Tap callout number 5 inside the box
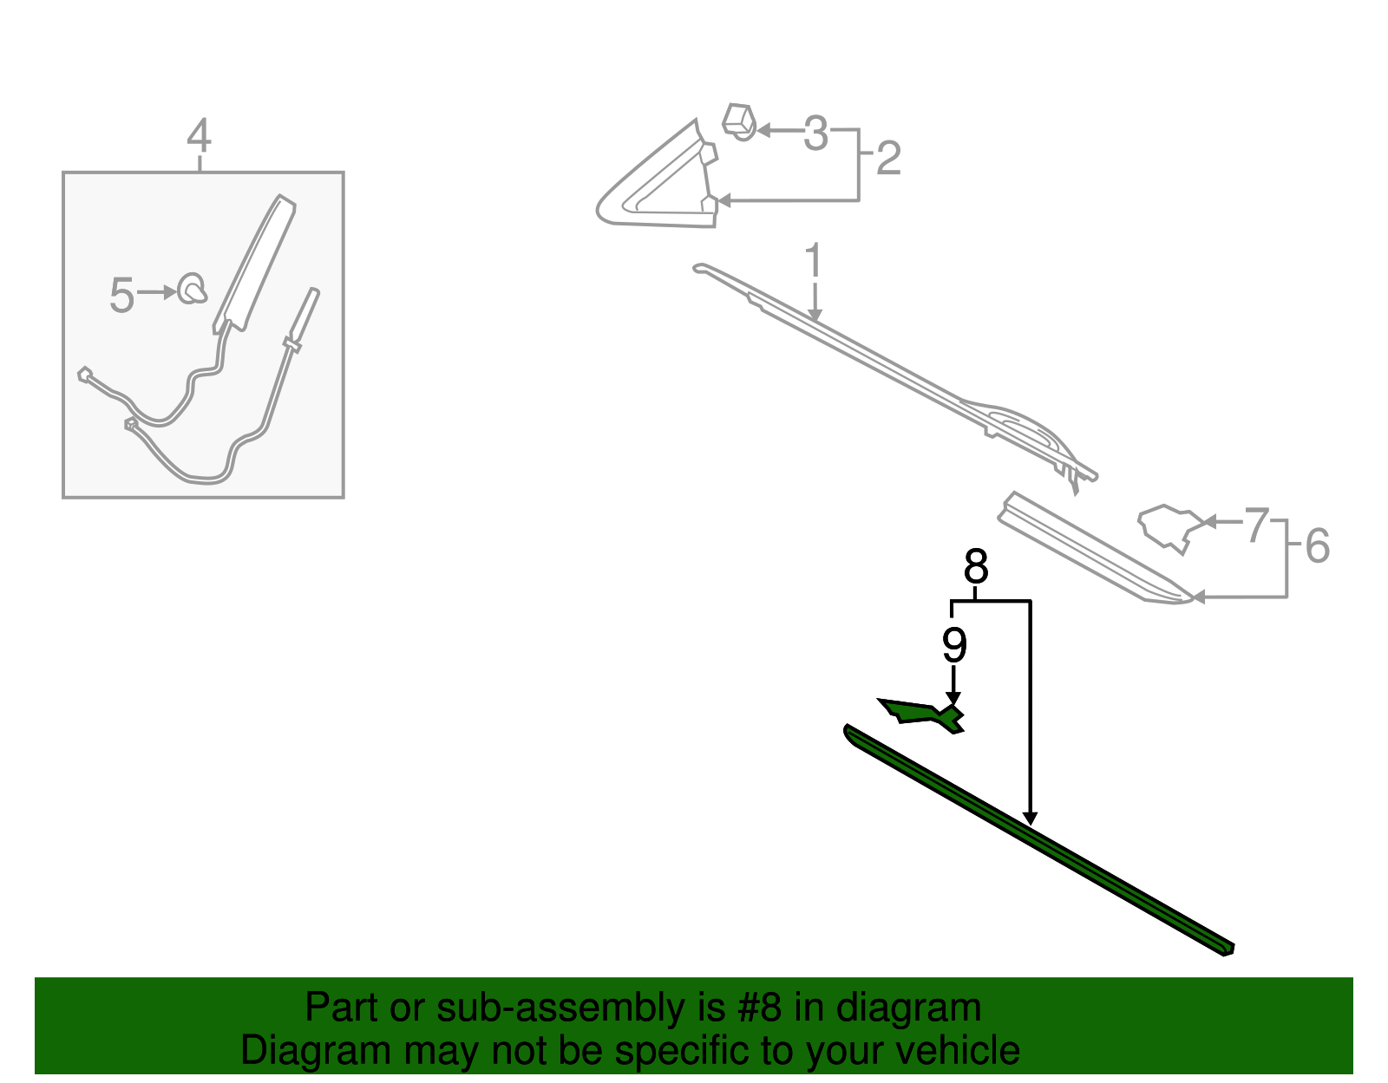(x=121, y=295)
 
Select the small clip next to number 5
(x=192, y=289)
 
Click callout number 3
(x=815, y=134)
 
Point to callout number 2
(x=888, y=158)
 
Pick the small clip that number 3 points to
(x=739, y=121)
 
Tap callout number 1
(x=813, y=259)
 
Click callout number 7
(x=1257, y=525)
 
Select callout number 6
(x=1317, y=546)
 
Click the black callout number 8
(x=975, y=566)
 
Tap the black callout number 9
(x=954, y=645)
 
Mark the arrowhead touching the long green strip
(x=1030, y=819)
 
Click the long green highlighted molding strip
(x=1038, y=840)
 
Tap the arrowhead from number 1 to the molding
(x=815, y=316)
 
